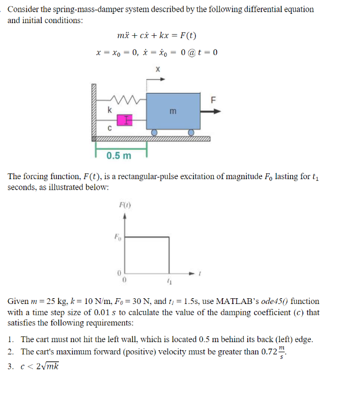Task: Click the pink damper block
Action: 124,120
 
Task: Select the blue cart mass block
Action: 173,107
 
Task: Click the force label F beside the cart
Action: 214,99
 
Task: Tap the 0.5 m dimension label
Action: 119,155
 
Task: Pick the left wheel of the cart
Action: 154,133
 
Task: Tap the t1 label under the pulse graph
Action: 169,281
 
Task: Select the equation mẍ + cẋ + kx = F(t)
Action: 156,36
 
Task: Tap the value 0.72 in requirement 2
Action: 286,352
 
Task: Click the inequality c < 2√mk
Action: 40,365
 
